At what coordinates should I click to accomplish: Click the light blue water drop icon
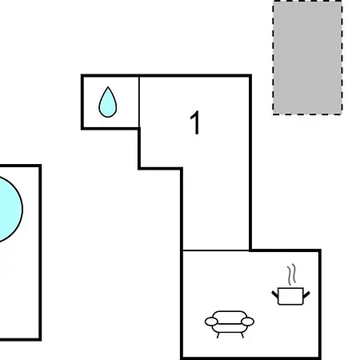tap(108, 102)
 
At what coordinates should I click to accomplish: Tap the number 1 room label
tap(195, 122)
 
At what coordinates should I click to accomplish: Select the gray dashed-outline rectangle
tap(307, 58)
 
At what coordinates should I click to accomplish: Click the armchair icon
tap(230, 324)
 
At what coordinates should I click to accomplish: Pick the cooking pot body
tap(290, 296)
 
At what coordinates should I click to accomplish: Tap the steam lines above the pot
tap(292, 274)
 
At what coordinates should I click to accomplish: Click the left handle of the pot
tap(275, 294)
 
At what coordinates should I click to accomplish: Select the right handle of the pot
tap(306, 294)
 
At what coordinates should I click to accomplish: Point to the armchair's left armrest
tap(211, 322)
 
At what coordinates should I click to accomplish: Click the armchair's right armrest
tap(247, 322)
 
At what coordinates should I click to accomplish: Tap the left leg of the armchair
tap(218, 335)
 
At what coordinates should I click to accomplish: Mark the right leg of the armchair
tap(242, 335)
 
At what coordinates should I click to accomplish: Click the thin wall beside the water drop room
tap(139, 102)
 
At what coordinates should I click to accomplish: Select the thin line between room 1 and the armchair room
tap(216, 250)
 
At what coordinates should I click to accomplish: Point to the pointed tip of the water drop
tap(108, 86)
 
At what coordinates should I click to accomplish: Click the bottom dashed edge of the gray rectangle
tap(307, 114)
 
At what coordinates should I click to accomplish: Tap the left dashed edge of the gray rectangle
tap(274, 58)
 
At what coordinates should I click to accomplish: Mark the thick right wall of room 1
tap(250, 163)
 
